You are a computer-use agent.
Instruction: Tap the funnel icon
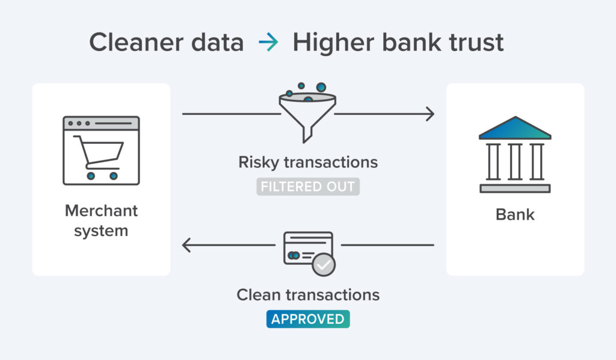(307, 114)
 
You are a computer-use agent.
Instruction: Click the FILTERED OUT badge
(308, 187)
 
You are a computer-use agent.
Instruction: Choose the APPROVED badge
(308, 319)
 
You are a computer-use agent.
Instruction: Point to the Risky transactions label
(308, 162)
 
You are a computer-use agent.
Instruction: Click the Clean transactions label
(308, 294)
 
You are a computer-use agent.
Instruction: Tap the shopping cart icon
(99, 155)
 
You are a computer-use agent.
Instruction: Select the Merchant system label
(101, 220)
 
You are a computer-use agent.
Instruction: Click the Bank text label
(515, 214)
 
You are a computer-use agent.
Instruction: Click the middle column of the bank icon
(515, 161)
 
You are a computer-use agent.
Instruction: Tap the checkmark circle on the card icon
(324, 264)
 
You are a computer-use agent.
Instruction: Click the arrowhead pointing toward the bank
(430, 113)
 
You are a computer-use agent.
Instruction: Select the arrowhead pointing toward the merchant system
(186, 245)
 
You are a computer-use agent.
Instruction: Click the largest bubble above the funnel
(321, 88)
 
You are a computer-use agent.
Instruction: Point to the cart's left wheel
(90, 176)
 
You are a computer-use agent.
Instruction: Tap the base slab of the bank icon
(515, 188)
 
